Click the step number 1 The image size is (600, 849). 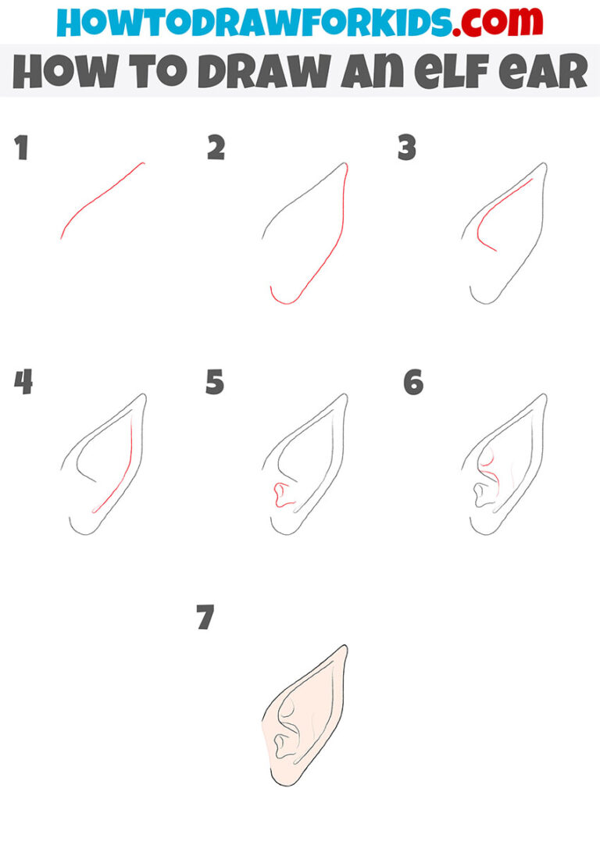tap(22, 148)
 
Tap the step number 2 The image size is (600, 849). tap(216, 148)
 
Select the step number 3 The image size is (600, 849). tap(406, 148)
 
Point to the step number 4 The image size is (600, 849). tap(23, 383)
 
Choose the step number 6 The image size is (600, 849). tap(413, 383)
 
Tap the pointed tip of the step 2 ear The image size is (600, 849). tap(345, 165)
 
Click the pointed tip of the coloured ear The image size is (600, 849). tap(345, 647)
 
